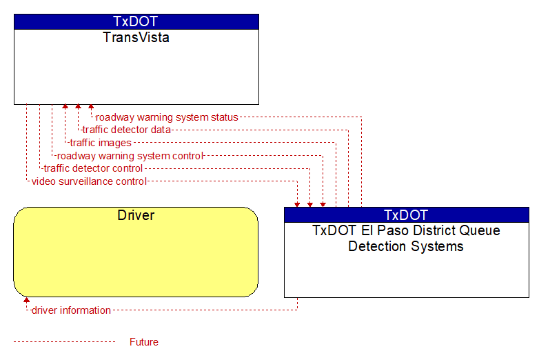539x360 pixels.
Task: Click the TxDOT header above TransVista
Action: pos(135,21)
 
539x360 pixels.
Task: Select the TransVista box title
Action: pos(136,37)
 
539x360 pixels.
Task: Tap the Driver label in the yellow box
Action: pos(136,215)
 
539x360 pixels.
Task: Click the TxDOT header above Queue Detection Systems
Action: pos(405,215)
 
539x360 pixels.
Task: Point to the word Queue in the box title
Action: pos(480,230)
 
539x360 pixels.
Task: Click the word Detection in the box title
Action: pos(377,246)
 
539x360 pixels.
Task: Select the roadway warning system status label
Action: pos(167,117)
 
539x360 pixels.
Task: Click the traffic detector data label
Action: pos(127,130)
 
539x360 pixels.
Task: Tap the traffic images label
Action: pos(101,143)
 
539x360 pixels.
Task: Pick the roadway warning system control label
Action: pos(130,156)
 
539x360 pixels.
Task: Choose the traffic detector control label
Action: pos(93,168)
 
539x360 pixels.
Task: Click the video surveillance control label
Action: pos(89,181)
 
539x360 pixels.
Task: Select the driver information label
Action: pos(71,310)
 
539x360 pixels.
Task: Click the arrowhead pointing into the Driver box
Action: pos(26,300)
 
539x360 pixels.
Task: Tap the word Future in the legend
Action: pos(144,342)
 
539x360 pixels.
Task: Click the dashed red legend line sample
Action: pos(64,342)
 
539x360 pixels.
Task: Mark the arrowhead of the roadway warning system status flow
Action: pos(91,107)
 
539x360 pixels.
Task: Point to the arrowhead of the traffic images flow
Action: pos(65,107)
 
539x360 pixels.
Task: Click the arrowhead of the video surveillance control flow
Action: pos(297,205)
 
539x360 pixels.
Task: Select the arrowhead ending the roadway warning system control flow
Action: pos(323,205)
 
